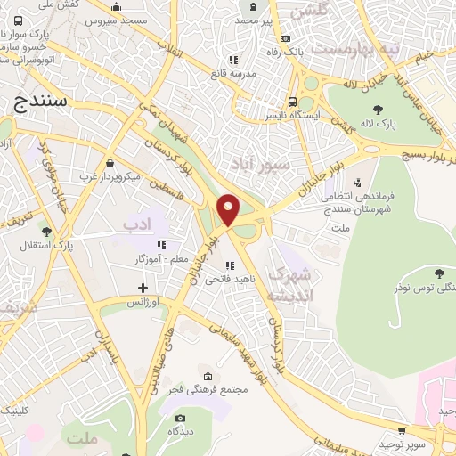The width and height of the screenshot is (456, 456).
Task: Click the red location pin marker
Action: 229,208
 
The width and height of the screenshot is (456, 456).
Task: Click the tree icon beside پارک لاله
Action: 379,110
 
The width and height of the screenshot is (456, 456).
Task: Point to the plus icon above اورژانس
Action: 142,288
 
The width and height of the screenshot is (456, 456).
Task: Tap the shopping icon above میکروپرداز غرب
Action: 110,164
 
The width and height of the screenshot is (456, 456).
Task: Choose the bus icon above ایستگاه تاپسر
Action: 291,102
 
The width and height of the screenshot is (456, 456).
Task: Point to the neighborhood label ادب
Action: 137,221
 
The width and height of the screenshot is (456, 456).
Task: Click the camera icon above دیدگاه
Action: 181,418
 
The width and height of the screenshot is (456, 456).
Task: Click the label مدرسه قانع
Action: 232,74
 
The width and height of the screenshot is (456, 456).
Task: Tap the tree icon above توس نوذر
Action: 437,273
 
